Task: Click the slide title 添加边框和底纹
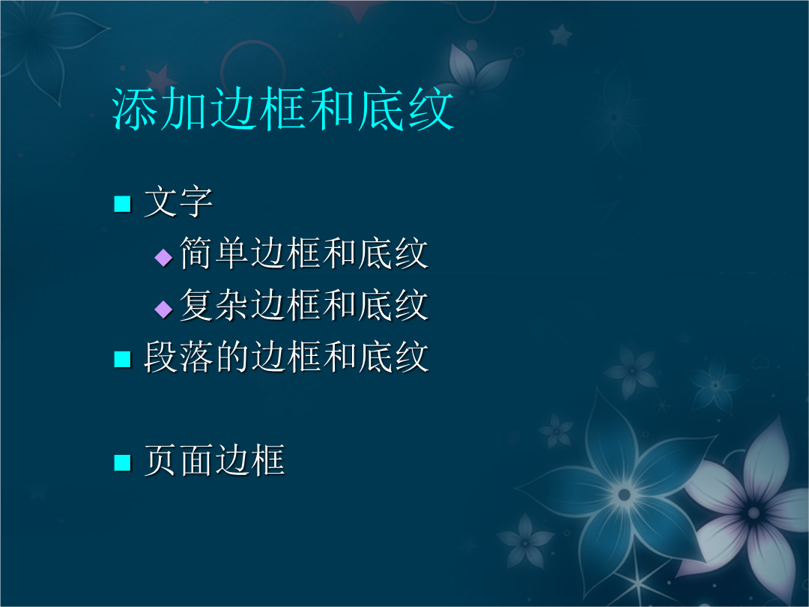(282, 109)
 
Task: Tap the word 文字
(178, 202)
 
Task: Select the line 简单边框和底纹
(304, 253)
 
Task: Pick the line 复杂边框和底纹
(304, 305)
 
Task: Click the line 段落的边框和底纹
(286, 357)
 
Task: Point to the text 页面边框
(214, 460)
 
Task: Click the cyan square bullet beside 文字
(122, 204)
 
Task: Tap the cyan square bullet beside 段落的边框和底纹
(122, 359)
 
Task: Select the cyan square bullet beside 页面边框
(122, 462)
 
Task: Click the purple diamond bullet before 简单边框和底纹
(163, 257)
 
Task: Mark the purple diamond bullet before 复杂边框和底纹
(163, 309)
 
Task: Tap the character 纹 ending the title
(431, 109)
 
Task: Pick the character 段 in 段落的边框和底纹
(161, 357)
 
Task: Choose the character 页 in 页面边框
(161, 460)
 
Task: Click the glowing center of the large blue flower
(624, 495)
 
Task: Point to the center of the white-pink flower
(754, 513)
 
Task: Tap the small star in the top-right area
(561, 35)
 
